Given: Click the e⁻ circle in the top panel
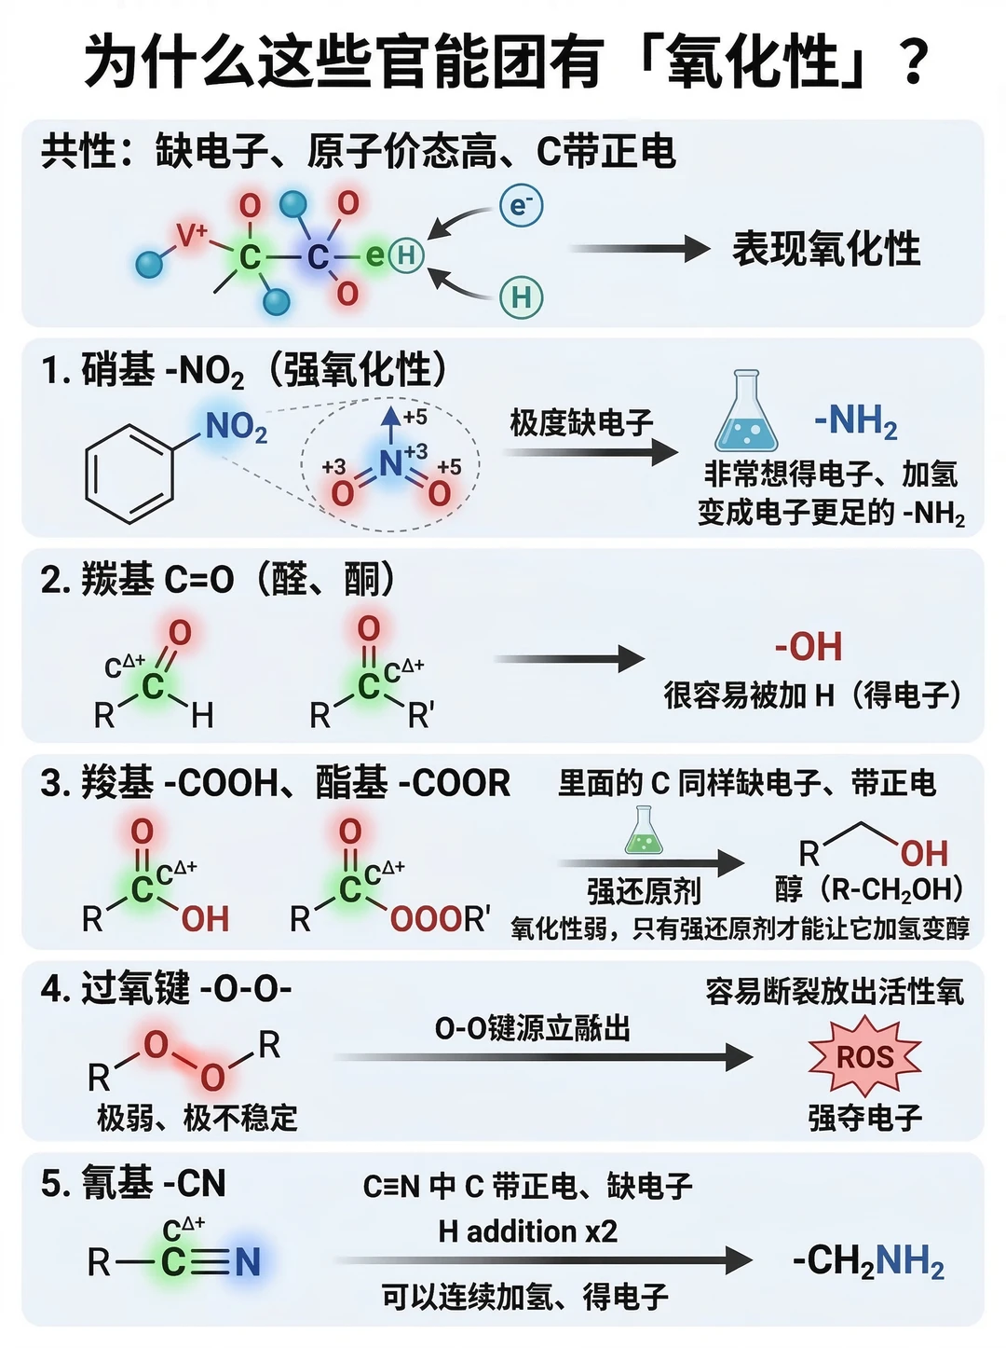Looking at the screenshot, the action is click(521, 205).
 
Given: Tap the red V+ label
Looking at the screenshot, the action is click(191, 235).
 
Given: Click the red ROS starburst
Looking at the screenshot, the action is click(865, 1056).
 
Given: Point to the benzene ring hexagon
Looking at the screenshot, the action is click(129, 474).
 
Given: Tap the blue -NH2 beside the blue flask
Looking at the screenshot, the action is click(855, 421).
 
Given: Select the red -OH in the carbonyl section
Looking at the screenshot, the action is click(809, 647).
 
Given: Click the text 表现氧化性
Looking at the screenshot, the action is click(825, 249).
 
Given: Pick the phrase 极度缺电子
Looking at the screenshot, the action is click(581, 423).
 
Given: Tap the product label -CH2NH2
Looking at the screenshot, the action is click(868, 1262).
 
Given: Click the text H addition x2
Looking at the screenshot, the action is click(527, 1231).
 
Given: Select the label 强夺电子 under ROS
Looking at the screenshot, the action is click(865, 1118).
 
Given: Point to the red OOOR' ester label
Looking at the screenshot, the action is click(440, 919).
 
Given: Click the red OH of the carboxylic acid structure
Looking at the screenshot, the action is click(205, 919).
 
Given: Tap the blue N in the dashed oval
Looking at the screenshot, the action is click(390, 463).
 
